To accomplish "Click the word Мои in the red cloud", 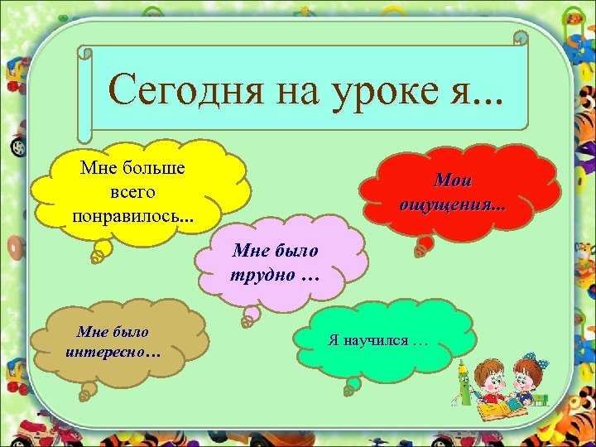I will (x=452, y=180).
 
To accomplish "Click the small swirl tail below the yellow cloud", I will (x=99, y=253).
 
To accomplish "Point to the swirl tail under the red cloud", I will (x=424, y=245).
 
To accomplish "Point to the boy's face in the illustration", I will (x=496, y=380).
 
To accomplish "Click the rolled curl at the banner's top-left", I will (x=84, y=52).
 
